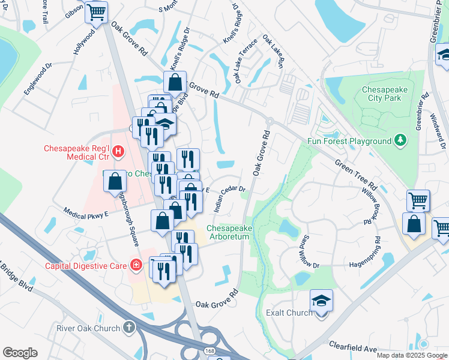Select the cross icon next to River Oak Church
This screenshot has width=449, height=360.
(x=128, y=328)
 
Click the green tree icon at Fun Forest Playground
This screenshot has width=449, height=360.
(x=399, y=141)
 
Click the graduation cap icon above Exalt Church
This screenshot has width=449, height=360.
(x=321, y=300)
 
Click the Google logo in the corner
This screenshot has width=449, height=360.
(x=20, y=353)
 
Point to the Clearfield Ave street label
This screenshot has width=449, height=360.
(x=352, y=347)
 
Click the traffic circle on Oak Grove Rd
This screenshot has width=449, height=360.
(x=270, y=121)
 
